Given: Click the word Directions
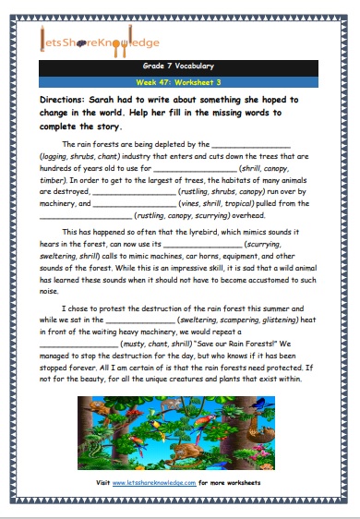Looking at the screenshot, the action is pyautogui.click(x=65, y=98).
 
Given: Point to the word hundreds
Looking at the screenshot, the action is pyautogui.click(x=56, y=168).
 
